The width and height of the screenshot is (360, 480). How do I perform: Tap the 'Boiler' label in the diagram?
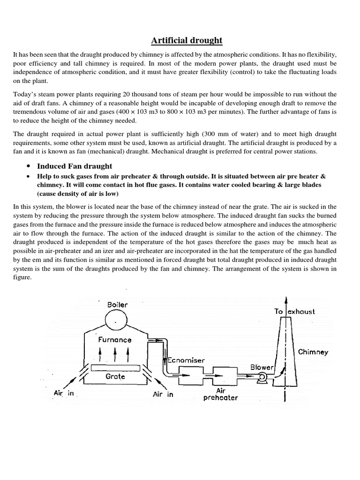point(117,305)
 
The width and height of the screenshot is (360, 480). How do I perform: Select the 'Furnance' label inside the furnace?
point(115,339)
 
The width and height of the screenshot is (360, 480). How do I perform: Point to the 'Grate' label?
point(115,376)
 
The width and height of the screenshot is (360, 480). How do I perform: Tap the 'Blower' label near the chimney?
point(262,367)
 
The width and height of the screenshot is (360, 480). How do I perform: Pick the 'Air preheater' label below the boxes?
point(221,394)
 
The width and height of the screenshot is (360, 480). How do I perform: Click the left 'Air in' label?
point(64,393)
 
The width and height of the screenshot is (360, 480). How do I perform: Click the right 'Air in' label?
point(163,394)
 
